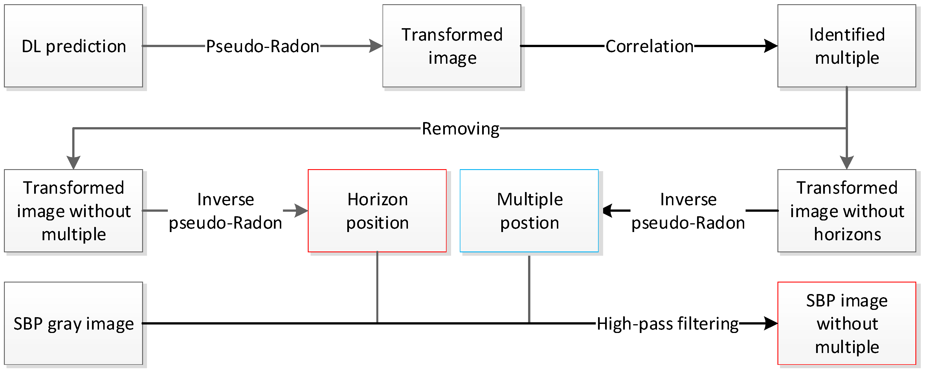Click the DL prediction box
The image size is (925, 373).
73,46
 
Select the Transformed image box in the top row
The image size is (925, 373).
451,46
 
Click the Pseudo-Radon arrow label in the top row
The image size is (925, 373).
262,46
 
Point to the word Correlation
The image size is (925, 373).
649,46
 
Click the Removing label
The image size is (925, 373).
460,129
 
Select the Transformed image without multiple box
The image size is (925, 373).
73,211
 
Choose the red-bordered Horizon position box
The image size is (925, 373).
377,211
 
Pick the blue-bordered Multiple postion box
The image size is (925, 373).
529,211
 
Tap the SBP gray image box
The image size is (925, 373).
73,323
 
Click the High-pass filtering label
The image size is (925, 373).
667,323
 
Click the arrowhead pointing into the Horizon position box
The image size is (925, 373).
301,211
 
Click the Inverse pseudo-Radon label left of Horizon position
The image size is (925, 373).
225,211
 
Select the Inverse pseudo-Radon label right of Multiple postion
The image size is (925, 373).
688,211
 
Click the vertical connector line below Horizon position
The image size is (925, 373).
377,287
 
